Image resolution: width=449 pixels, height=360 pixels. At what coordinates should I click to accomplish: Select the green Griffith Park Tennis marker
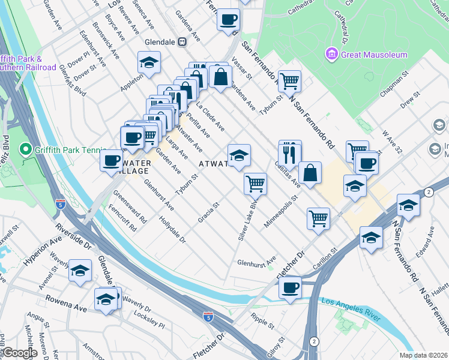(x=25, y=148)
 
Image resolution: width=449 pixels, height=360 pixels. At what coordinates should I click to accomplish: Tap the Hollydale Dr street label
(x=173, y=230)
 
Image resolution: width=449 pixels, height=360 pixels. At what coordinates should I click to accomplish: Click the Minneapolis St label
(x=280, y=207)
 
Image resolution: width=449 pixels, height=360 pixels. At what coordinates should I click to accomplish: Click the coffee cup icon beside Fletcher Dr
(x=291, y=287)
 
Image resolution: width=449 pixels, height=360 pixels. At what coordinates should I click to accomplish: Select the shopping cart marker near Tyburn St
(x=289, y=80)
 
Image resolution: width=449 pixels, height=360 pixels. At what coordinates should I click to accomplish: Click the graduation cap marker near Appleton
(x=149, y=62)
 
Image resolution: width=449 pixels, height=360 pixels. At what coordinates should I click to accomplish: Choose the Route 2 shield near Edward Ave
(x=427, y=191)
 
